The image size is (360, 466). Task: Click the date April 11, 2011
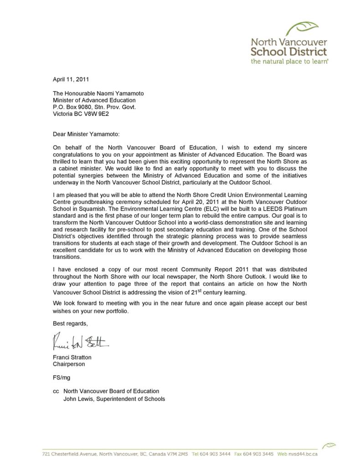(x=71, y=79)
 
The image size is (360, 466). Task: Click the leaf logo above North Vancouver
(x=303, y=28)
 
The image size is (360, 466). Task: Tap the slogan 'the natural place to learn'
(x=290, y=61)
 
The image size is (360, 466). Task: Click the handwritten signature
(x=81, y=342)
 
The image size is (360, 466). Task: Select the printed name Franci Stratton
(x=72, y=357)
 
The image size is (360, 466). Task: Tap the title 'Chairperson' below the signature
(x=69, y=364)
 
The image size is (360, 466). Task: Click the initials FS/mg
(x=62, y=378)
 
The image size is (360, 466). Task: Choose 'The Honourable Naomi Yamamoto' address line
(x=98, y=93)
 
